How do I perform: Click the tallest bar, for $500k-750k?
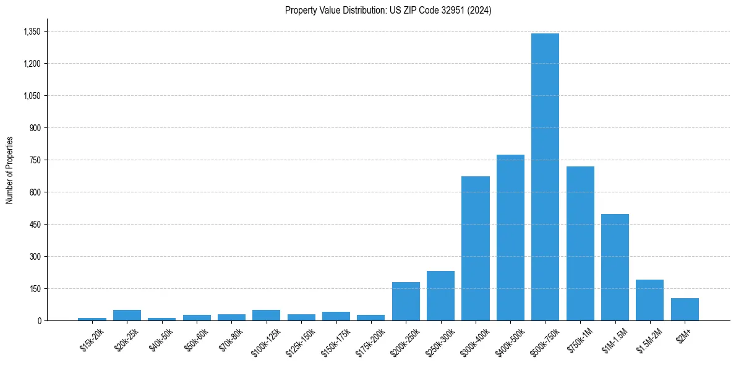click(545, 177)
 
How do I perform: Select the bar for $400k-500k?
click(510, 238)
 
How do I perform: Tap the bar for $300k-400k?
click(476, 248)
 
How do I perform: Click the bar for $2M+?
click(685, 309)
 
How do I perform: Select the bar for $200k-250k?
click(406, 301)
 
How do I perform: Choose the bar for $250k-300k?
click(440, 296)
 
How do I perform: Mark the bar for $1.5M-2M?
click(649, 300)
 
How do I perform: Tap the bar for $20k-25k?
click(127, 315)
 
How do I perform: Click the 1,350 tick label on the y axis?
click(32, 32)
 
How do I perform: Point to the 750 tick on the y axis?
click(35, 160)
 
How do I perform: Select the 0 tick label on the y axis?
click(39, 320)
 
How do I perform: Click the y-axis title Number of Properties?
click(9, 170)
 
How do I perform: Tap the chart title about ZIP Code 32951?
click(388, 11)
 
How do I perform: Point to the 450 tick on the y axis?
click(35, 225)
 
